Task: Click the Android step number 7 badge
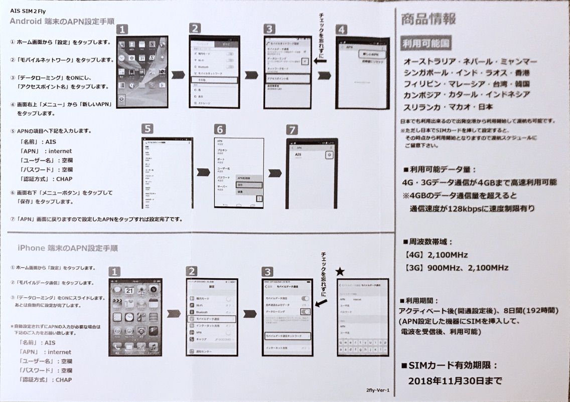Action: (292, 129)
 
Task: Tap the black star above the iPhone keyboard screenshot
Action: (340, 272)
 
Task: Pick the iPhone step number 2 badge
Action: (192, 271)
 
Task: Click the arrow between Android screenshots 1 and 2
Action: (178, 75)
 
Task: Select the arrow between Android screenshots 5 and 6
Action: (203, 172)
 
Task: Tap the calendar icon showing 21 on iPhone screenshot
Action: (129, 291)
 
